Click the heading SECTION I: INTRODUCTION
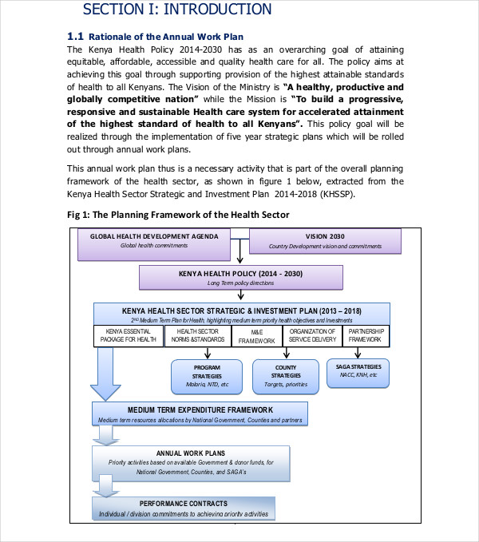point(177,10)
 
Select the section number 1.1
point(75,37)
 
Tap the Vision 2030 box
point(326,240)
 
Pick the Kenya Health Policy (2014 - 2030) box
point(241,277)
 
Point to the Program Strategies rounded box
point(206,375)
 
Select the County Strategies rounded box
point(286,375)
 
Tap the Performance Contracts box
point(183,508)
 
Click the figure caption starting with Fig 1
point(178,216)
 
